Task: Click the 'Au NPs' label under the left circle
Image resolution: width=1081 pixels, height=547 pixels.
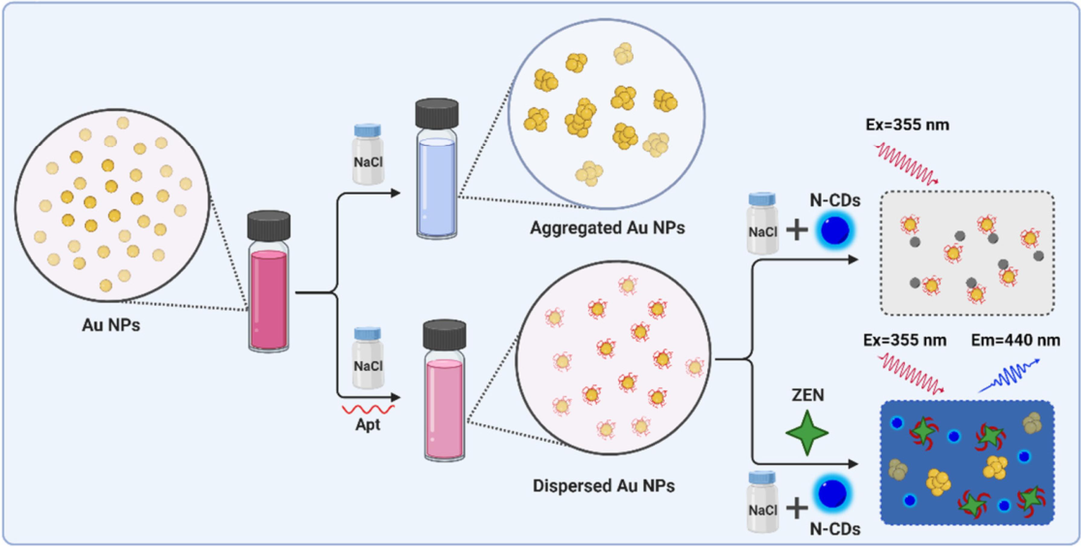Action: point(111,325)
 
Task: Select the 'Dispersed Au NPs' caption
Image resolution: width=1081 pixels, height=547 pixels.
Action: point(604,486)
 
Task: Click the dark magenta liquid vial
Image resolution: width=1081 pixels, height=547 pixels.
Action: point(269,281)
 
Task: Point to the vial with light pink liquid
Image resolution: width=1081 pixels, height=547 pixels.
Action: point(444,390)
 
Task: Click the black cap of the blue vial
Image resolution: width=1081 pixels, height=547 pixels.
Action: point(437,113)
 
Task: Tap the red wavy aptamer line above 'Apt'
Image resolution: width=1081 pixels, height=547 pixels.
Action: point(368,409)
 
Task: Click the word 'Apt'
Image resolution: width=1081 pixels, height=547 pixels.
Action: point(368,425)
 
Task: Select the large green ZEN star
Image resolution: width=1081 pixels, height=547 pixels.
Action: point(807,433)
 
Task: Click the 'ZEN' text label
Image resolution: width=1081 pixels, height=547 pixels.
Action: point(808,395)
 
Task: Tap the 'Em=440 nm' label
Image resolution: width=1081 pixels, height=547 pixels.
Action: point(1016,340)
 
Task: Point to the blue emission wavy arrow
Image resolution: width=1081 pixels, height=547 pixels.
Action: point(1009,376)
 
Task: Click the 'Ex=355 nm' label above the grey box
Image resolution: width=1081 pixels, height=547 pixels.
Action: point(907,125)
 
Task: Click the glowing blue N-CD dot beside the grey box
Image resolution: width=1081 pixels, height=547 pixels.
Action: point(835,231)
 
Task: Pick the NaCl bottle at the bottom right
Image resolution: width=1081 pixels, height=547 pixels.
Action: point(763,502)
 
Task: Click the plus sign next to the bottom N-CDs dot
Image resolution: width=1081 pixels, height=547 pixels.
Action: point(797,509)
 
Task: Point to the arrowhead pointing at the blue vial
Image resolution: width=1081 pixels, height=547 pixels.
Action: point(395,193)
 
